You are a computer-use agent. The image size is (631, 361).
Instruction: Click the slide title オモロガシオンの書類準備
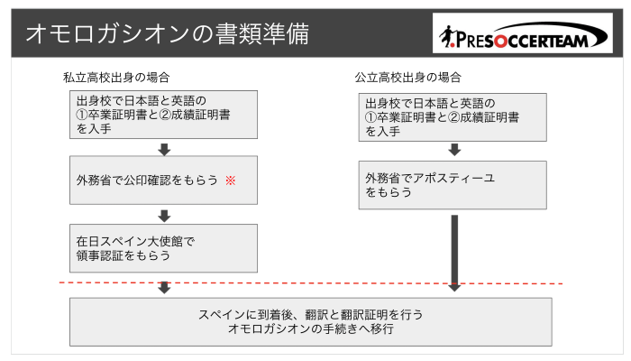pyautogui.click(x=168, y=33)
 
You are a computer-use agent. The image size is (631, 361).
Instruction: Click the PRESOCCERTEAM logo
pyautogui.click(x=523, y=33)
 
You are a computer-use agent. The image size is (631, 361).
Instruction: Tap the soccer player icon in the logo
pyautogui.click(x=447, y=37)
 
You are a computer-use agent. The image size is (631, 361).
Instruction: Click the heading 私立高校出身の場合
pyautogui.click(x=116, y=78)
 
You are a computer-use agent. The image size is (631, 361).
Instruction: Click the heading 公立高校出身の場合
pyautogui.click(x=407, y=78)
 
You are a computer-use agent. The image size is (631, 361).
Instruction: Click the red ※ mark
pyautogui.click(x=231, y=180)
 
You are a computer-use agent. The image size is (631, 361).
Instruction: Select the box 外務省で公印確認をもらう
pyautogui.click(x=163, y=180)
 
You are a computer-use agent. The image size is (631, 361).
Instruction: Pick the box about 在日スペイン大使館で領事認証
pyautogui.click(x=163, y=248)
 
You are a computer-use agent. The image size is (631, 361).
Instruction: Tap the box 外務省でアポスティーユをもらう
pyautogui.click(x=453, y=185)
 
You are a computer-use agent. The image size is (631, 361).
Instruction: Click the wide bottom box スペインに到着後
pyautogui.click(x=311, y=322)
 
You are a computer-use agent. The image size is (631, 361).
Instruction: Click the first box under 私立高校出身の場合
pyautogui.click(x=163, y=115)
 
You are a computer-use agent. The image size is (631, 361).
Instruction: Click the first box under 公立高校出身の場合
pyautogui.click(x=453, y=117)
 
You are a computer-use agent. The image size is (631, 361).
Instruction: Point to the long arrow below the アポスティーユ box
pyautogui.click(x=454, y=253)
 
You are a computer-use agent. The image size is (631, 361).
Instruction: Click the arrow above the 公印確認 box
pyautogui.click(x=164, y=149)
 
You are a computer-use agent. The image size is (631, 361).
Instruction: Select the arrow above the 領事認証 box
pyautogui.click(x=164, y=216)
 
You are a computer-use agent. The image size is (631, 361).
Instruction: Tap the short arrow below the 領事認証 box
pyautogui.click(x=164, y=287)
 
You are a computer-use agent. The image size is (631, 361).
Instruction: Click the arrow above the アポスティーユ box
pyautogui.click(x=454, y=150)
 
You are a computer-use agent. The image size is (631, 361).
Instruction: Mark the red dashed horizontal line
pyautogui.click(x=311, y=283)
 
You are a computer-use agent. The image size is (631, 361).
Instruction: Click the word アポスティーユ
pyautogui.click(x=453, y=178)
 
